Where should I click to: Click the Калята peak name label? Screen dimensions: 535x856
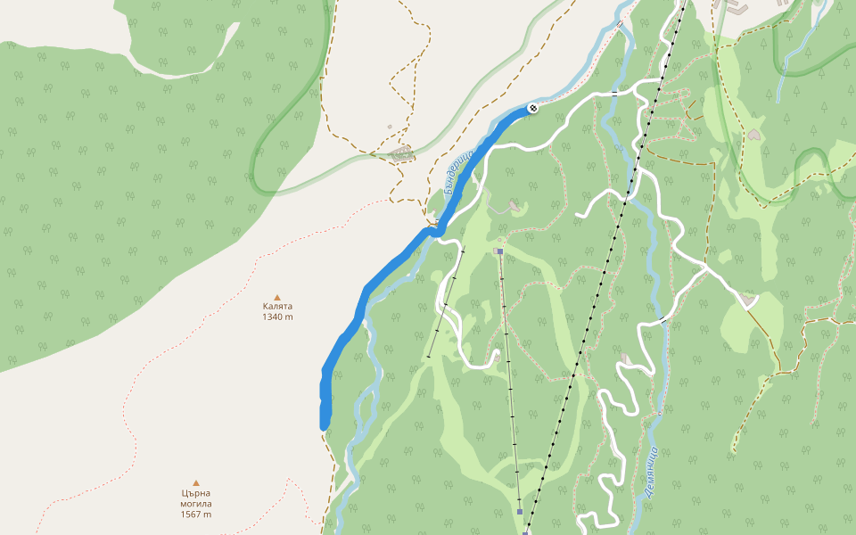(277, 306)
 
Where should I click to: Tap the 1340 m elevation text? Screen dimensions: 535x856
(277, 317)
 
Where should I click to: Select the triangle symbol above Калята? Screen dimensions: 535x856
(277, 297)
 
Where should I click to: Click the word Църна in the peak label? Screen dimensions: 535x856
(196, 493)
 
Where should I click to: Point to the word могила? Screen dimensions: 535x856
(196, 504)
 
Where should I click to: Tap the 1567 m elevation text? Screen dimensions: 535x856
(196, 514)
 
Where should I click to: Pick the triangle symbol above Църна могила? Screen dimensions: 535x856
(196, 483)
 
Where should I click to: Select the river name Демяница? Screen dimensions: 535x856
(651, 470)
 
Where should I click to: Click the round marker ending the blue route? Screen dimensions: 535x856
(533, 108)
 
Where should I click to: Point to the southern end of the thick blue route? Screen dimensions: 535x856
(324, 425)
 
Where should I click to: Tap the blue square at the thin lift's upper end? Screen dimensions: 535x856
(500, 251)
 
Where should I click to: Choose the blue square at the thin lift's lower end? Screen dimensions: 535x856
(520, 512)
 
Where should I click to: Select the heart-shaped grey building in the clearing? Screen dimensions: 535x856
(754, 135)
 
